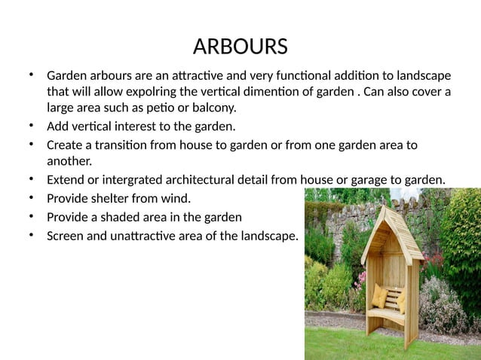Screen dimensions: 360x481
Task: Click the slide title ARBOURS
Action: (x=240, y=47)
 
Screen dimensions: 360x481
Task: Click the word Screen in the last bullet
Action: (x=66, y=236)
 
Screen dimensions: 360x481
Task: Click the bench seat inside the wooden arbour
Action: (x=386, y=311)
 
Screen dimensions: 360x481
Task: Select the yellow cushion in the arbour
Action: (x=379, y=297)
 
